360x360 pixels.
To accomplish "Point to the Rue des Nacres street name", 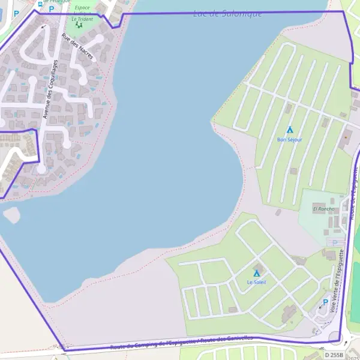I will (78, 47).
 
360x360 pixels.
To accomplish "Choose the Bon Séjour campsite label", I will (290, 140).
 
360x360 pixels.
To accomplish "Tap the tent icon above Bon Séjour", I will (290, 130).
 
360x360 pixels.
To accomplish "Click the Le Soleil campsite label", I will (256, 282).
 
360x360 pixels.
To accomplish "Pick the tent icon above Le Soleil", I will (257, 274).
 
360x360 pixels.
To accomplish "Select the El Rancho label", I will (323, 209).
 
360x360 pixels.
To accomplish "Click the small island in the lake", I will (11, 214).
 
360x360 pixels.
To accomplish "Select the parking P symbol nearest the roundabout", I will (326, 302).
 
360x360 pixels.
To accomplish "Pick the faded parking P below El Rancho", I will (334, 242).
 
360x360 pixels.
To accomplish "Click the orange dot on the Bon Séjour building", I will (346, 137).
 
